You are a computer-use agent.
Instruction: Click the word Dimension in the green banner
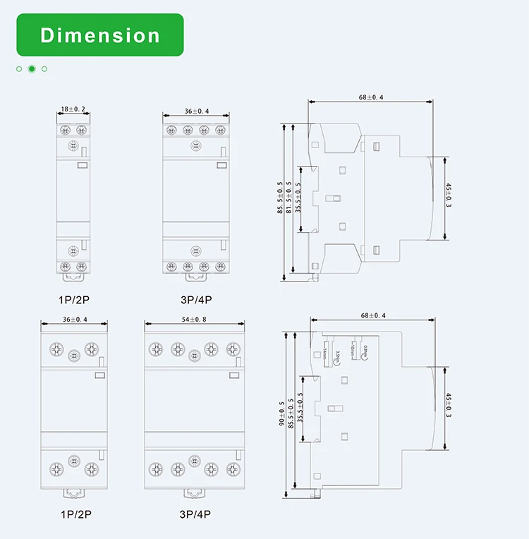99,35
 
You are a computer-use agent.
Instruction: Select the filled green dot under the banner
32,69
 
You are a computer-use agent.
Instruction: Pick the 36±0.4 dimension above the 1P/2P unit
75,319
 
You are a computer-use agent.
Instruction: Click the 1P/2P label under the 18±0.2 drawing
73,300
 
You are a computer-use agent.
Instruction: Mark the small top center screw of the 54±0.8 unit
194,354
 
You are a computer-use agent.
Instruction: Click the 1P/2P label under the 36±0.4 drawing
74,514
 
